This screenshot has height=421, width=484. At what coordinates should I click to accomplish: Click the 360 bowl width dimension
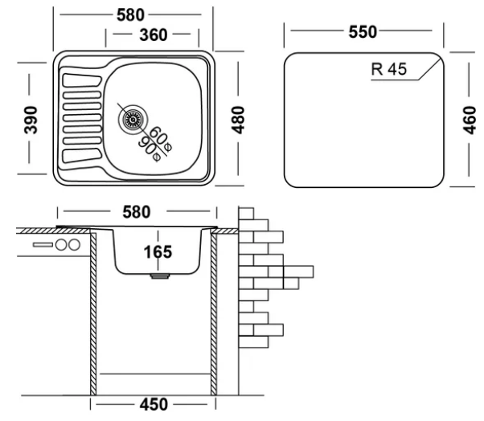coord(154,35)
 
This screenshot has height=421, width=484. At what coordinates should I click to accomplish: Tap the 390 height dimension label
coord(31,120)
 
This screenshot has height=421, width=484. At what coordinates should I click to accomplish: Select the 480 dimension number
coord(238,120)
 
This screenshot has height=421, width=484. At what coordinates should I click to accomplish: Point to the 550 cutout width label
coord(363,32)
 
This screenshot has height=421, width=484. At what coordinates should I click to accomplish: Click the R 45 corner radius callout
coord(389,69)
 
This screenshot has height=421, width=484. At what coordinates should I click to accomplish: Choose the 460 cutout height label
coord(470,120)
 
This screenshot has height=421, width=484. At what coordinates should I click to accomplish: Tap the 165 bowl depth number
coord(158,252)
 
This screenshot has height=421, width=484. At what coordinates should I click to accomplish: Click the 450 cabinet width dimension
coord(154,404)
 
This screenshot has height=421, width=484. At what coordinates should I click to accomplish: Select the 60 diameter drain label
coord(161,139)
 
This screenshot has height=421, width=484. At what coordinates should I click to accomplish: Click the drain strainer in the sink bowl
coord(133,120)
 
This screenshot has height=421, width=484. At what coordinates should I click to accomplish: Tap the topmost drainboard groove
coord(82,80)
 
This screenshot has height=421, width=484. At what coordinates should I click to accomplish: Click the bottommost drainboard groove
coord(83,156)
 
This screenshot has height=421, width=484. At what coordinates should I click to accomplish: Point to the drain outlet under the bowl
coord(159,276)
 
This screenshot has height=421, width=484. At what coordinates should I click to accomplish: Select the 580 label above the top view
coord(130,15)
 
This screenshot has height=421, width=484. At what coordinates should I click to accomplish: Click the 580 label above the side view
coord(137,212)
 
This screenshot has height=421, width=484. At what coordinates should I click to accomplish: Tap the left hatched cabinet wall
coord(93,314)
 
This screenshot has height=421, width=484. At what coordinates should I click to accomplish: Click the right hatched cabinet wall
coord(214,314)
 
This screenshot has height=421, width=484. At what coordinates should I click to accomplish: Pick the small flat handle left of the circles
coord(43,245)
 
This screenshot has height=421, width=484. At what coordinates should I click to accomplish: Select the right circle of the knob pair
coord(75,245)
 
